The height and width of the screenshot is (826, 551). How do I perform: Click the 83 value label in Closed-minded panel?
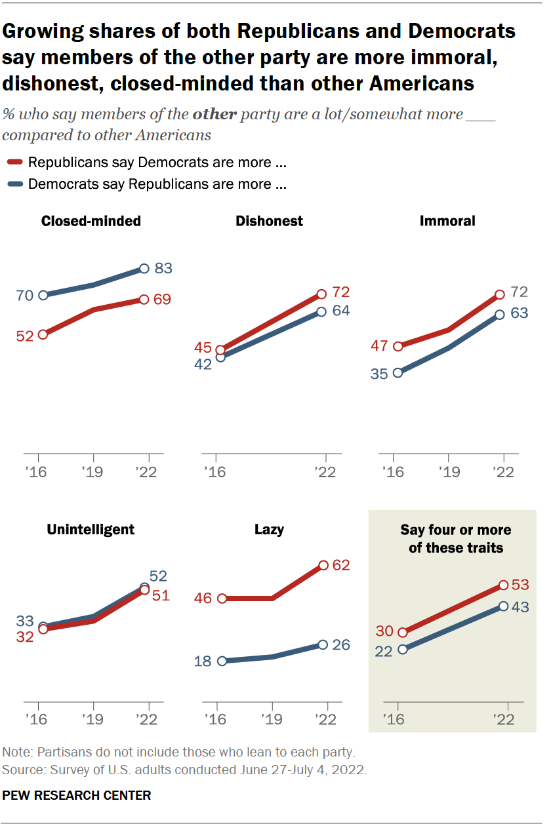pos(163,268)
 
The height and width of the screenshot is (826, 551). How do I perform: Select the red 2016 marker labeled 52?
pos(43,334)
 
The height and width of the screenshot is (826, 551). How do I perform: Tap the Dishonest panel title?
pos(269,221)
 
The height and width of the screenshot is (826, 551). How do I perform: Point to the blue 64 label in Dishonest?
pos(340,310)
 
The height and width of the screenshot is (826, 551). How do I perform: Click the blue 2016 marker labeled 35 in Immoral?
pos(398,373)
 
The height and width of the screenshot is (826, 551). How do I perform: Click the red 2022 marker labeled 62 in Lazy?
pos(323,565)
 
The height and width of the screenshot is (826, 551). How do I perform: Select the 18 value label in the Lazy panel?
pos(203,661)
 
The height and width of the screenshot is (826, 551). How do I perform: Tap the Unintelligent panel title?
pos(91,529)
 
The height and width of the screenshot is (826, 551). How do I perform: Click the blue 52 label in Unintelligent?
pos(159,576)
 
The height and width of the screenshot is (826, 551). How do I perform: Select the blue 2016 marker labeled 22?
pos(403,649)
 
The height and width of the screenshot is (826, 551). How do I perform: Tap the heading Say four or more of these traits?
pos(456,538)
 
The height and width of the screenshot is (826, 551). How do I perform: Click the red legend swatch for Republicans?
pos(16,163)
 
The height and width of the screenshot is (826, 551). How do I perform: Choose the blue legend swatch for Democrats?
pos(16,184)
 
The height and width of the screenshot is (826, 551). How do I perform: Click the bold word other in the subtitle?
pos(214,115)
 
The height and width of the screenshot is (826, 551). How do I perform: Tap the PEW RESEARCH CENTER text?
pos(77,795)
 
